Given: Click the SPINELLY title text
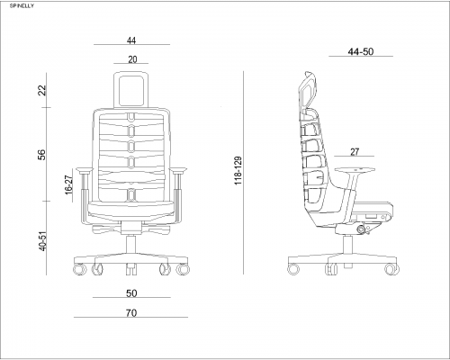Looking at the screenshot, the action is pyautogui.click(x=22, y=6).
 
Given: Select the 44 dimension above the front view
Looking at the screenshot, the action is pyautogui.click(x=131, y=40).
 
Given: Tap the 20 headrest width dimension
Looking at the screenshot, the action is pyautogui.click(x=132, y=59).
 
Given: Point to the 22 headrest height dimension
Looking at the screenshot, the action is pyautogui.click(x=43, y=90).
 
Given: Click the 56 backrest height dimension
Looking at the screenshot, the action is pyautogui.click(x=42, y=155).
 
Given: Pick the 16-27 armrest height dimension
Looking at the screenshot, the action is pyautogui.click(x=68, y=184).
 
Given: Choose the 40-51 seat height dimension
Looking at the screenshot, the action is pyautogui.click(x=43, y=241).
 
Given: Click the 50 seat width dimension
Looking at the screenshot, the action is pyautogui.click(x=131, y=293).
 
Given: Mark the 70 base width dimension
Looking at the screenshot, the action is pyautogui.click(x=131, y=313).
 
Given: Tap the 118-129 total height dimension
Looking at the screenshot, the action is pyautogui.click(x=238, y=170).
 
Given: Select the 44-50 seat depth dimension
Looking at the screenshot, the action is pyautogui.click(x=361, y=51).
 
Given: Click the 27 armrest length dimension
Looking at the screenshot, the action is pyautogui.click(x=355, y=152).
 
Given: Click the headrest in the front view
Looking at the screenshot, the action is pyautogui.click(x=131, y=89).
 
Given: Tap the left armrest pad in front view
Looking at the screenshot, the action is pyautogui.click(x=85, y=170).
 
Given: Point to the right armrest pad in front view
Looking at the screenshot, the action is pyautogui.click(x=178, y=170).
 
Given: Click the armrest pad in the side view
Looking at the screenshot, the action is pyautogui.click(x=355, y=170).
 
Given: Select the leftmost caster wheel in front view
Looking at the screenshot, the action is pyautogui.click(x=79, y=269).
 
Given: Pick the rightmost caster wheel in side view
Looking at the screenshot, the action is pyautogui.click(x=391, y=269).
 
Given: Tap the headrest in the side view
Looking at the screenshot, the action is pyautogui.click(x=309, y=90).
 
